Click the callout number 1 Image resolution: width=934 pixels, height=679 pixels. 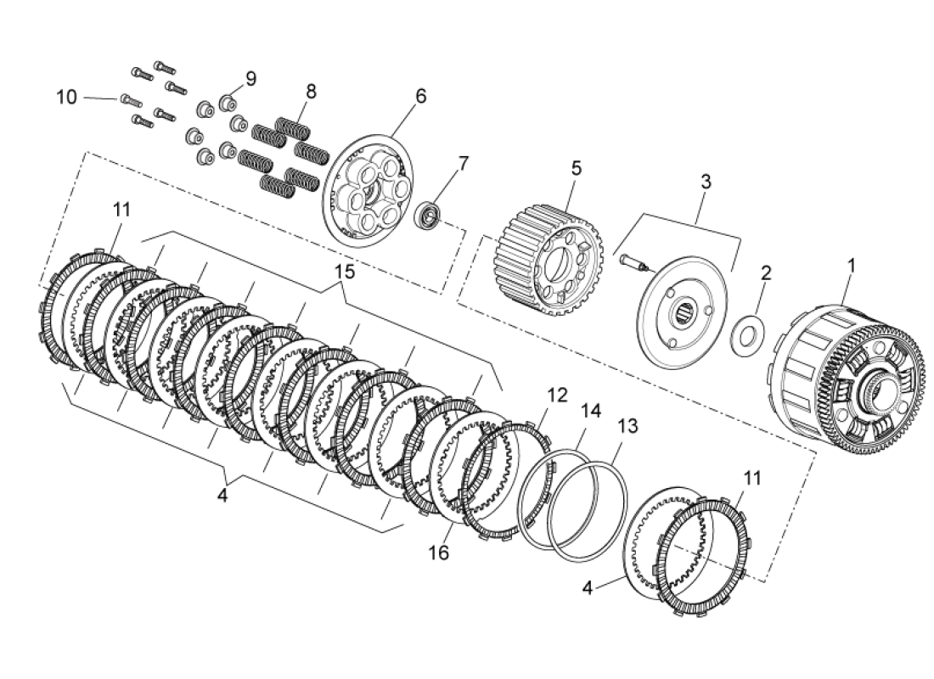[x=851, y=266]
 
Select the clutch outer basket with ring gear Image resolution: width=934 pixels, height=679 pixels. [x=849, y=373]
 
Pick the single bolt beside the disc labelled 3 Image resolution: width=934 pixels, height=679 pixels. [x=632, y=262]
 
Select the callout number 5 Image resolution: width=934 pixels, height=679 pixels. [x=577, y=168]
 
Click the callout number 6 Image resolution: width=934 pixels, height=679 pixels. [x=420, y=96]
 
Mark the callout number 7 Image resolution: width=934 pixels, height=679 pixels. [x=464, y=163]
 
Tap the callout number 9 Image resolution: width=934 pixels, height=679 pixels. [x=250, y=79]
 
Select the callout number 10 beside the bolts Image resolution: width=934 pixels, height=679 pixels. [x=66, y=98]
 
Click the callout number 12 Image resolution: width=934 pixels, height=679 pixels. [x=556, y=396]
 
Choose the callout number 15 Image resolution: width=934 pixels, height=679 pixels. [x=343, y=272]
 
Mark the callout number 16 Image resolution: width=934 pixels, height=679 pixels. [x=439, y=553]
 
